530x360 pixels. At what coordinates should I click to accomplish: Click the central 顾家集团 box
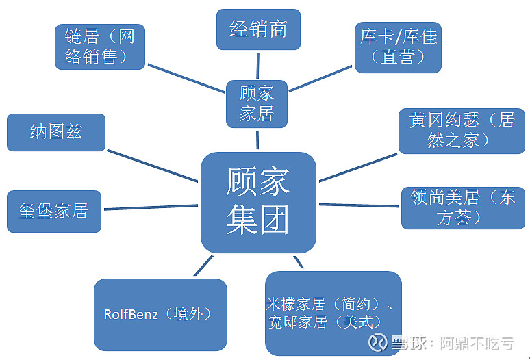click(x=258, y=202)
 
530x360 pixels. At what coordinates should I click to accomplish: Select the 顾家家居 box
click(x=257, y=103)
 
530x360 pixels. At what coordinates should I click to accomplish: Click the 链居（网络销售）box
click(x=100, y=47)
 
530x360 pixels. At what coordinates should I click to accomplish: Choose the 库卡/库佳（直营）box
click(x=398, y=47)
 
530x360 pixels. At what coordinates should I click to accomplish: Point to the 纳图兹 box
click(x=56, y=132)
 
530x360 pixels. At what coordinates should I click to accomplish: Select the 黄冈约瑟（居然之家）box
click(x=462, y=130)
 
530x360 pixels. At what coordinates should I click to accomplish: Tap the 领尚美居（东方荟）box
click(x=463, y=207)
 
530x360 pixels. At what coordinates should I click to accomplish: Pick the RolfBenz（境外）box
click(x=160, y=314)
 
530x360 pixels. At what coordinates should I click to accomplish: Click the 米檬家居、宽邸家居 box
click(x=333, y=313)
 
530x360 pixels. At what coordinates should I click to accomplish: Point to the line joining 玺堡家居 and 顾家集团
click(x=152, y=206)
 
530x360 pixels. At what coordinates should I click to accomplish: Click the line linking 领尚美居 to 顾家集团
click(x=359, y=205)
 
